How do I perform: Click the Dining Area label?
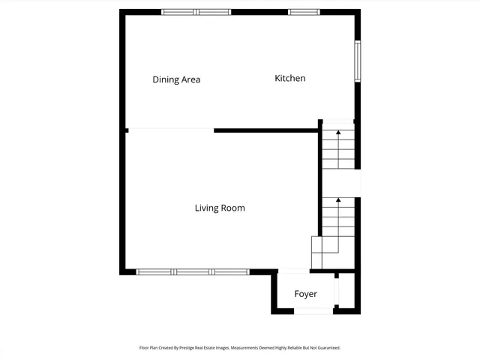pyautogui.click(x=176, y=79)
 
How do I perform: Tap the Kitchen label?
pyautogui.click(x=289, y=78)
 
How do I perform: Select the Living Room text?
pyautogui.click(x=220, y=208)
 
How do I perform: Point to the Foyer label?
pyautogui.click(x=305, y=294)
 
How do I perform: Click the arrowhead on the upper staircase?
pyautogui.click(x=337, y=133)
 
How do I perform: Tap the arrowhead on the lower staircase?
pyautogui.click(x=337, y=200)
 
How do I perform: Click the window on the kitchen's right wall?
pyautogui.click(x=358, y=60)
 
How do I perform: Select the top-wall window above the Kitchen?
pyautogui.click(x=304, y=12)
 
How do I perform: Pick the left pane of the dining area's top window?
pyautogui.click(x=178, y=12)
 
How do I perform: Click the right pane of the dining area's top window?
pyautogui.click(x=214, y=12)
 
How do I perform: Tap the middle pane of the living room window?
pyautogui.click(x=193, y=271)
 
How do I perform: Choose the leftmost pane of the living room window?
pyautogui.click(x=155, y=271)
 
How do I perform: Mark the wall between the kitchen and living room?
pyautogui.click(x=266, y=130)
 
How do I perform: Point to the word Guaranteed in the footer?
pyautogui.click(x=327, y=348)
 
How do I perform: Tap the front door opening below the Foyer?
pyautogui.click(x=313, y=310)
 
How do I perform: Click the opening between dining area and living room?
pyautogui.click(x=171, y=130)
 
